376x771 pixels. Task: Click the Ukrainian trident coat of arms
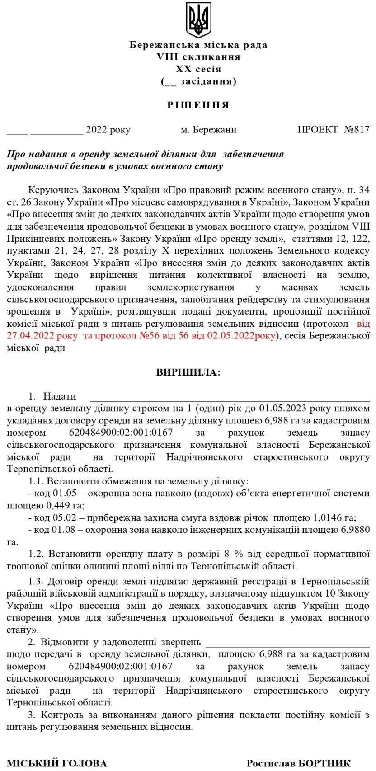(198, 20)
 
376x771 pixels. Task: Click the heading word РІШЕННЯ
(198, 105)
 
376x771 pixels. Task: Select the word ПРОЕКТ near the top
(317, 130)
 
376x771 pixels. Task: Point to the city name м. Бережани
(208, 130)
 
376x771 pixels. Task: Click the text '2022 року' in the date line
(108, 130)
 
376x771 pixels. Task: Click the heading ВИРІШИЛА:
(188, 373)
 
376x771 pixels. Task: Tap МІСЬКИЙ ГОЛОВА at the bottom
(57, 763)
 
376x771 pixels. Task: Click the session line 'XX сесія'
(198, 69)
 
